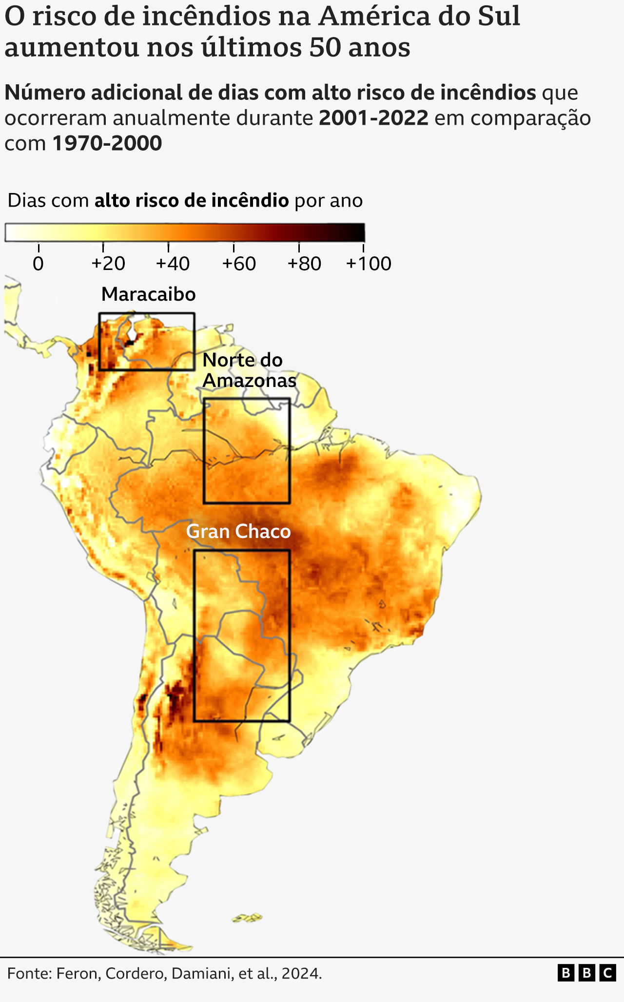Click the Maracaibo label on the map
[x=148, y=294]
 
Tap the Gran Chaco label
[x=238, y=531]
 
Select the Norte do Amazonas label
[x=249, y=370]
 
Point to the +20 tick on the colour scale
[x=108, y=264]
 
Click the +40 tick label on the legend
[x=173, y=264]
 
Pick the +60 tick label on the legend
[x=239, y=264]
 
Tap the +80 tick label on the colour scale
[x=304, y=264]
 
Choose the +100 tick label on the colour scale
[x=369, y=264]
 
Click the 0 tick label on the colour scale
[x=38, y=264]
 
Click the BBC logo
[x=586, y=973]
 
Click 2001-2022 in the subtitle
[x=373, y=118]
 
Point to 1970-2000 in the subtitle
[x=107, y=143]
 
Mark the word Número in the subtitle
[x=44, y=93]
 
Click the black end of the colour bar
[x=359, y=232]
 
